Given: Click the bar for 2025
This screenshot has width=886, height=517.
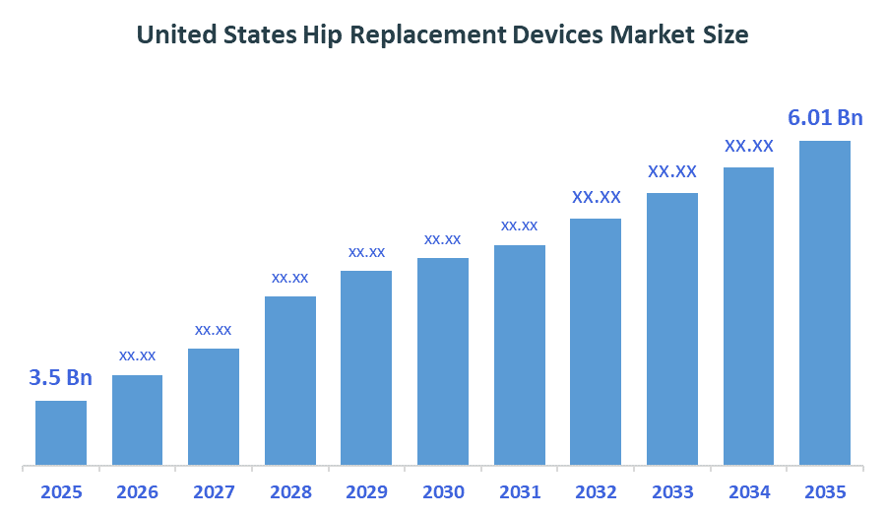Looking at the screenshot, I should [x=61, y=432].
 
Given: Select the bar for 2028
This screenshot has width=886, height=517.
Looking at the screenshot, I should [x=290, y=380].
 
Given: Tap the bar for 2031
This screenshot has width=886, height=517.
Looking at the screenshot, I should [x=520, y=355].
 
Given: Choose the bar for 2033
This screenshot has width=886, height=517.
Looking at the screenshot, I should [x=672, y=329].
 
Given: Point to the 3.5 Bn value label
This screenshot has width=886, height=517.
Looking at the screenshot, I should [x=60, y=378].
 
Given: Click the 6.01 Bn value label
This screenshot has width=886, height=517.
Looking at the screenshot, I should [x=825, y=118].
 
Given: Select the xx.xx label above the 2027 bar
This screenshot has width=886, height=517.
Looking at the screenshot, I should [x=214, y=330].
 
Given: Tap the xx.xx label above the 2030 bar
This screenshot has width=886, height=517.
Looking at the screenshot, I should [x=443, y=239].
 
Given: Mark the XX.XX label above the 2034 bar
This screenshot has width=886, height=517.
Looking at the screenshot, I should [x=749, y=146].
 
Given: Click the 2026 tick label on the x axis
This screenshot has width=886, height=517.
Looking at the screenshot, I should [x=137, y=491].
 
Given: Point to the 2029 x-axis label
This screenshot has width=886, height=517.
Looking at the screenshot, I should [x=366, y=491].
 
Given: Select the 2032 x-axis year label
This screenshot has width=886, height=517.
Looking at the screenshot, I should [x=596, y=491].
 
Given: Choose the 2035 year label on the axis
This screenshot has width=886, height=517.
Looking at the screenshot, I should [x=825, y=491].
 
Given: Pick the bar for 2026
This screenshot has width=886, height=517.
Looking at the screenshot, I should [x=137, y=420].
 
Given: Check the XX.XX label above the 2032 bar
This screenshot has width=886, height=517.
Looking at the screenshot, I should [x=597, y=197].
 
